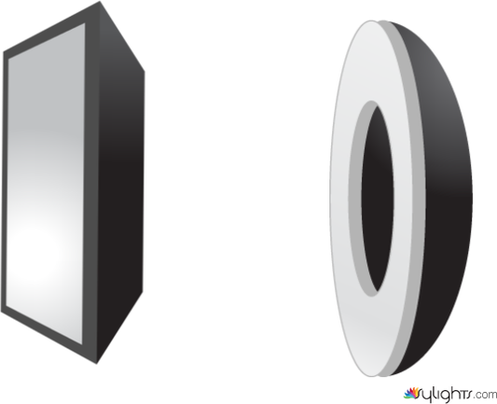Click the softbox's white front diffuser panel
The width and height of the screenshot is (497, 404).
click(46, 184)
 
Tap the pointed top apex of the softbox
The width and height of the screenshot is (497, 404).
click(100, 1)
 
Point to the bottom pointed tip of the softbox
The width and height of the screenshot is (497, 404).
click(97, 364)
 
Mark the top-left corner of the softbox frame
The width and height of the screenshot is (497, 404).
click(4, 51)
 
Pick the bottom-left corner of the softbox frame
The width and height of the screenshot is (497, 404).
click(2, 313)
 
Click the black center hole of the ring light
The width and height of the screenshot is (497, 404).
click(378, 198)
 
